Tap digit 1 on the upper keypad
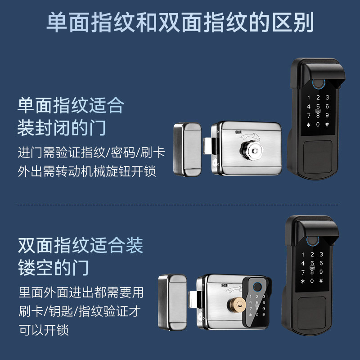click(309, 98)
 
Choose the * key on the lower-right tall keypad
click(303, 281)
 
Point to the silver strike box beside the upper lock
click(187, 150)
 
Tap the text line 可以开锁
click(43, 330)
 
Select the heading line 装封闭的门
click(62, 127)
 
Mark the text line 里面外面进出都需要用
click(81, 292)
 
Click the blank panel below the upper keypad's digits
click(318, 155)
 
